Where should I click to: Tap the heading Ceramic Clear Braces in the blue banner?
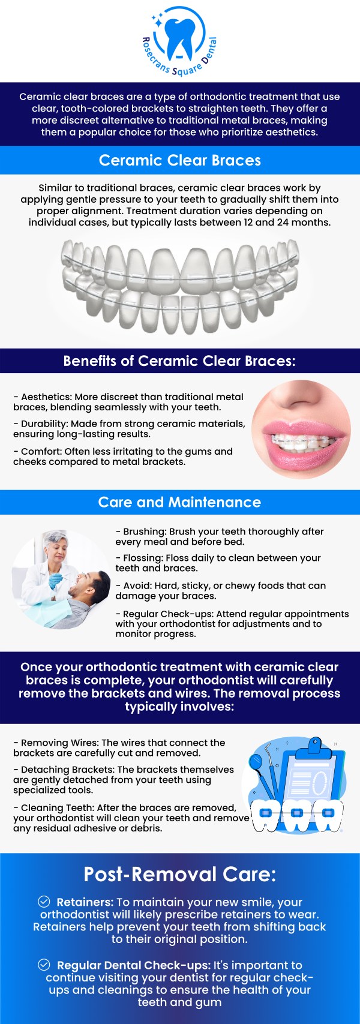tap(179, 160)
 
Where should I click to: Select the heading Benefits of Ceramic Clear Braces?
tap(179, 361)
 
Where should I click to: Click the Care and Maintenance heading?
tap(179, 502)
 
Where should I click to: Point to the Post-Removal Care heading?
tap(179, 874)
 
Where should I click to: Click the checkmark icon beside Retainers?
tap(44, 902)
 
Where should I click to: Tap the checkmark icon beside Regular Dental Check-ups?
tap(44, 965)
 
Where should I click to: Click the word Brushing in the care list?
tap(143, 531)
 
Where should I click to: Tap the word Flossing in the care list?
tap(142, 558)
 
